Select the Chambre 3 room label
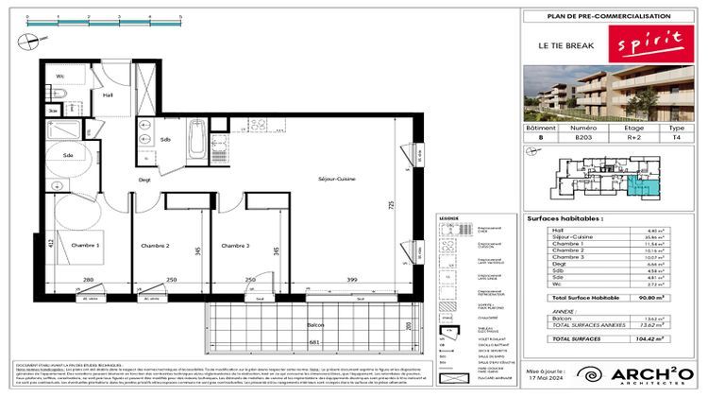(x=235, y=246)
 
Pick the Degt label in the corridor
(x=144, y=179)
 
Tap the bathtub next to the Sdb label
(x=197, y=139)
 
